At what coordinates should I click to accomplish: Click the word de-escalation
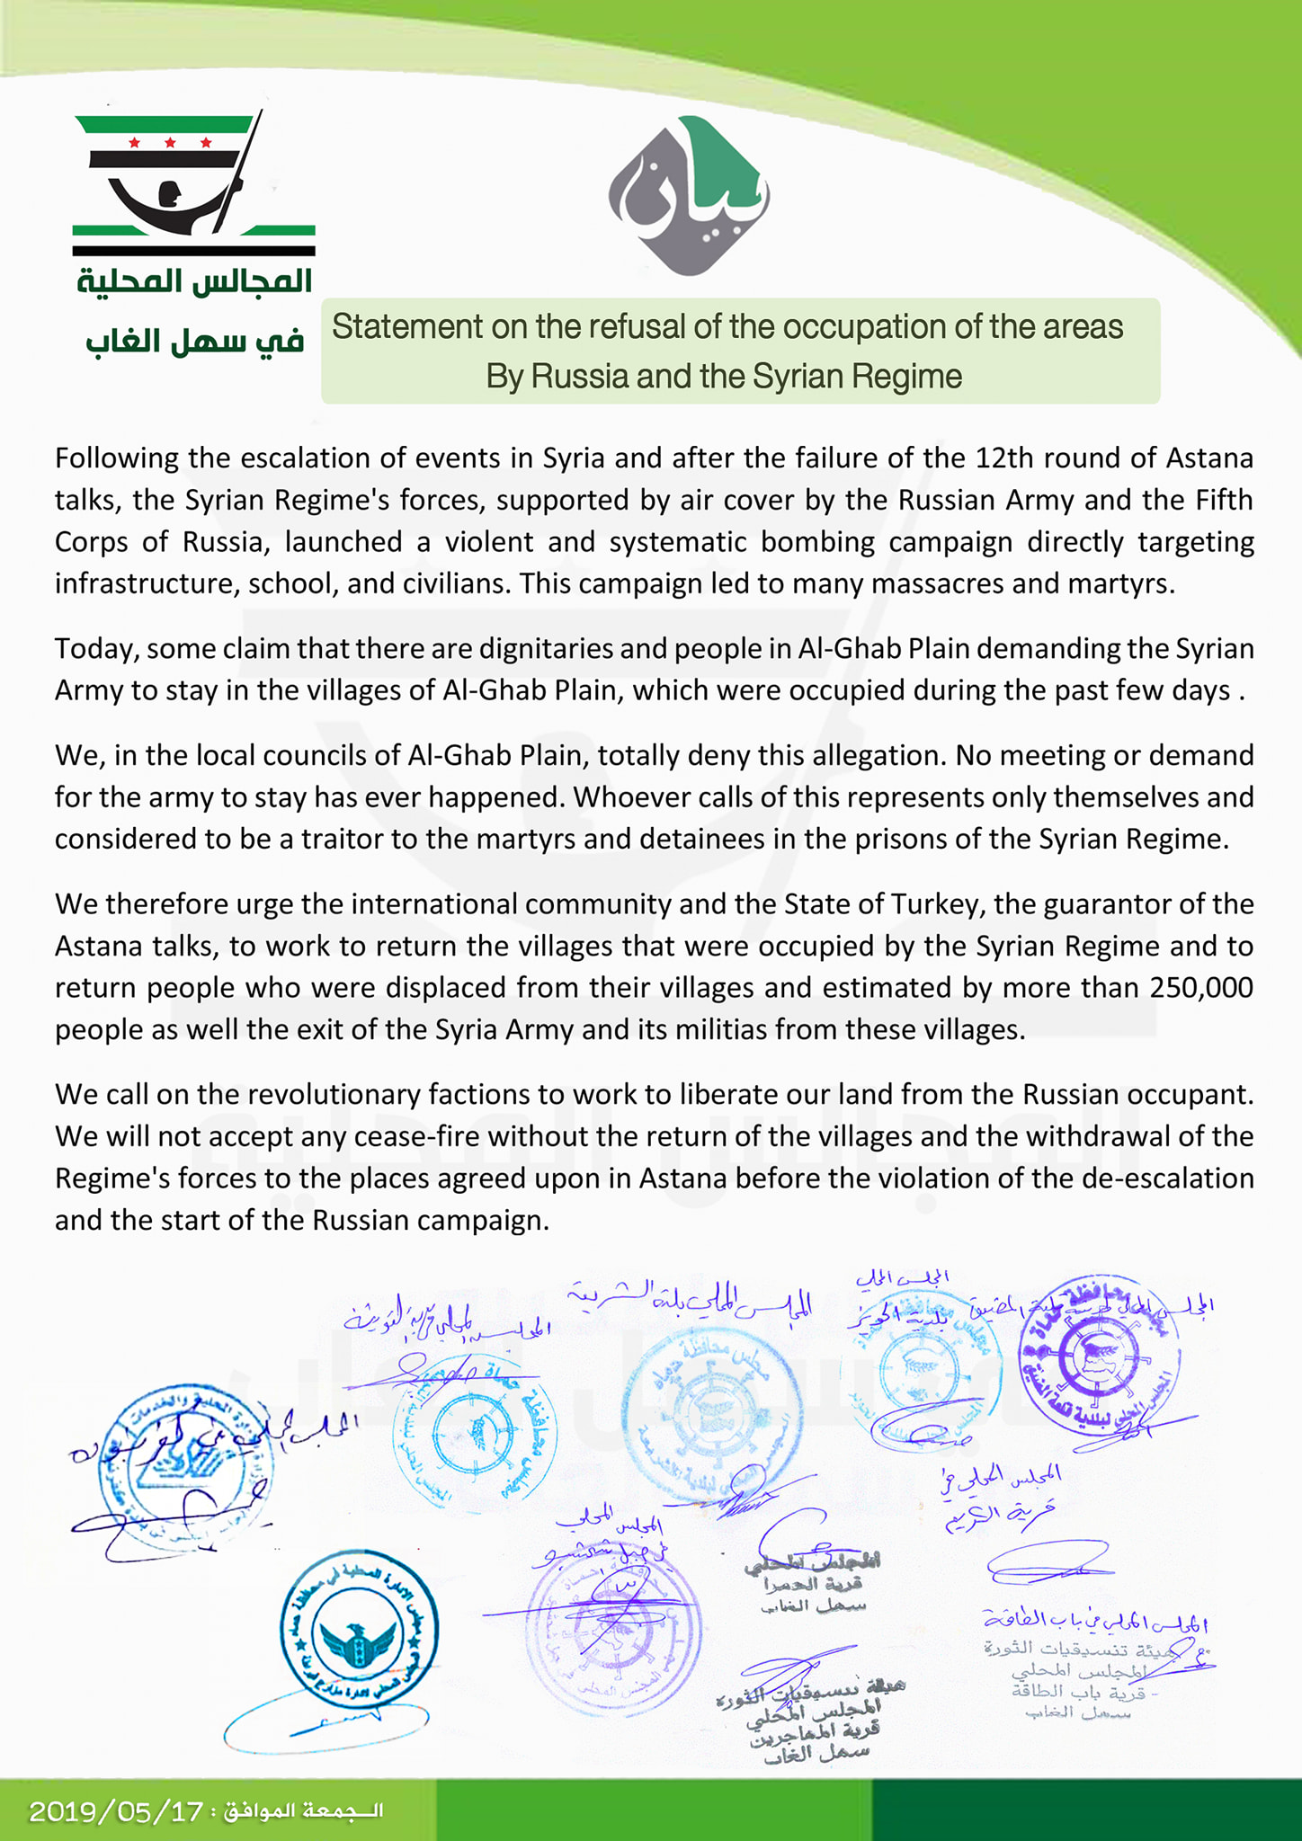click(x=1160, y=1178)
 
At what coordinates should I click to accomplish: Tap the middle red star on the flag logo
click(x=170, y=142)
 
